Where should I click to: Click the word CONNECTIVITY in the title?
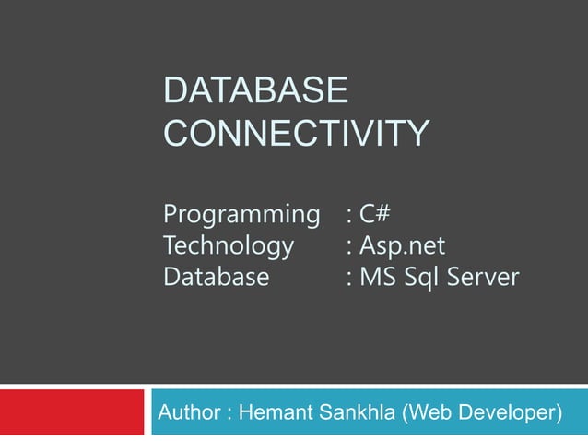(x=295, y=133)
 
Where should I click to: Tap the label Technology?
(x=229, y=246)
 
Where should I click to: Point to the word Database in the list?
(x=217, y=277)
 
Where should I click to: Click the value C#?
(x=376, y=216)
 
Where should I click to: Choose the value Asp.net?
(x=403, y=246)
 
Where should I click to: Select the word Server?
(x=486, y=277)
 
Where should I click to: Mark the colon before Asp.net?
(x=348, y=248)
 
